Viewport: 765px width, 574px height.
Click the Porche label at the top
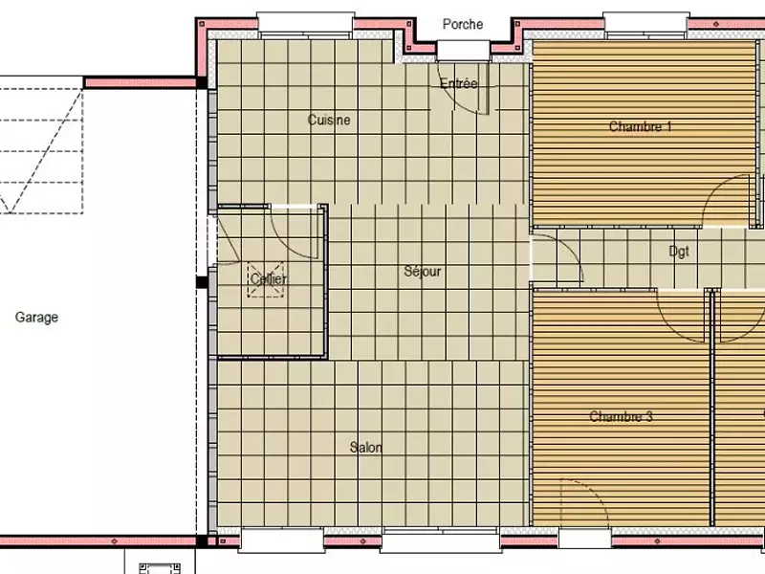[463, 24]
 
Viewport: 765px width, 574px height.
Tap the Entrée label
[458, 84]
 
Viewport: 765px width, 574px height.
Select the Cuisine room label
[329, 121]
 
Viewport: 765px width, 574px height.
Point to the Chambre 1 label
[640, 126]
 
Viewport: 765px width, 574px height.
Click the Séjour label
[423, 272]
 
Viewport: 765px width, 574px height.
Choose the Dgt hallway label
[679, 253]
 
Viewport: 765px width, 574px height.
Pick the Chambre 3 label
[621, 416]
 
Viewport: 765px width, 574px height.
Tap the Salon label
[366, 448]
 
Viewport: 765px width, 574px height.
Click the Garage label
[36, 318]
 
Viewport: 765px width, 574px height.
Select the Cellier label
[269, 279]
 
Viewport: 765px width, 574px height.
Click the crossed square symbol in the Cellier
[266, 279]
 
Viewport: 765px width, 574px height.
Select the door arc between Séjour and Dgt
[564, 258]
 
